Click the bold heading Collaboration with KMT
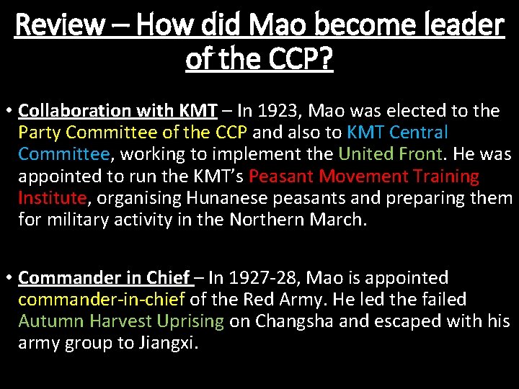point(117,111)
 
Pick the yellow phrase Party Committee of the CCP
point(133,133)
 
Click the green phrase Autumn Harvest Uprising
point(121,321)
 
